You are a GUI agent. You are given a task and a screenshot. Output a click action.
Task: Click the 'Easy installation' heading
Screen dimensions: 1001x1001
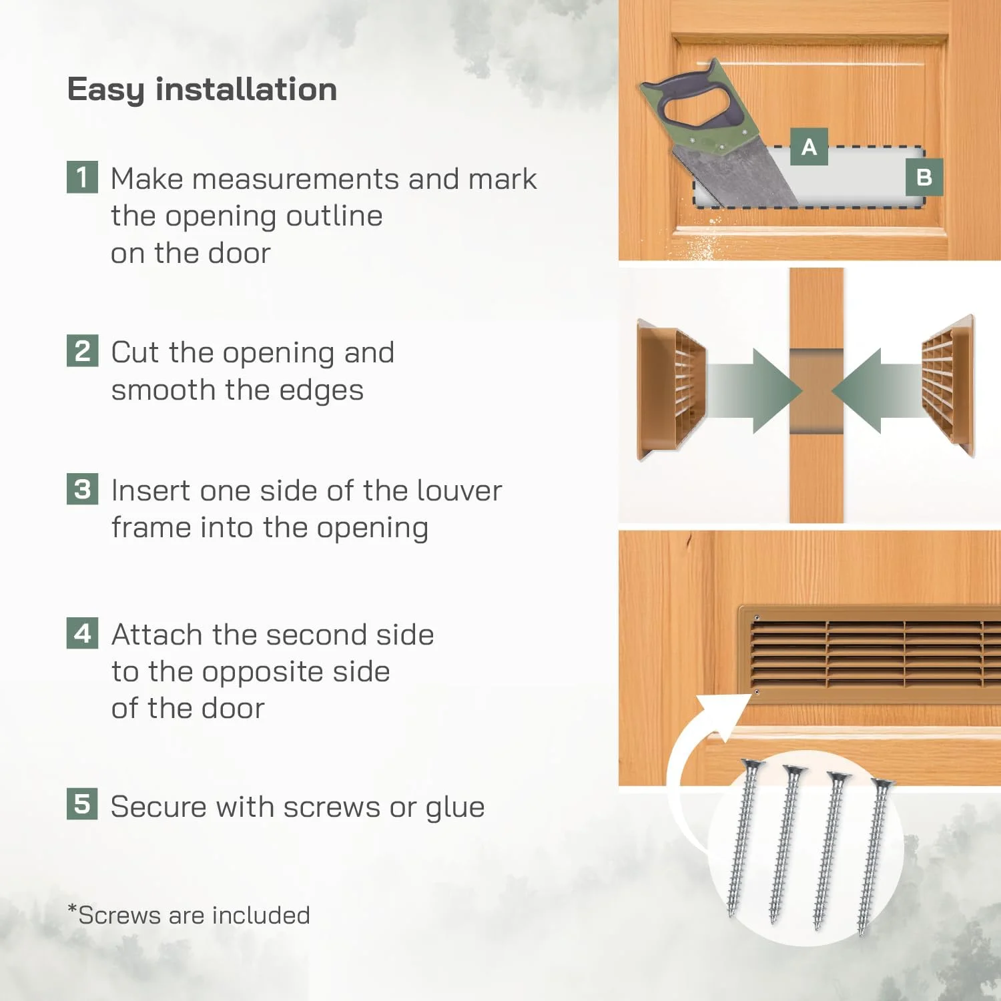[202, 89]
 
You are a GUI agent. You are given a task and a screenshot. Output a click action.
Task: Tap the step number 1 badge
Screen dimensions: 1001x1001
[82, 177]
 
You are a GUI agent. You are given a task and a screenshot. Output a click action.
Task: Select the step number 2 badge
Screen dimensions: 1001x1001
[82, 350]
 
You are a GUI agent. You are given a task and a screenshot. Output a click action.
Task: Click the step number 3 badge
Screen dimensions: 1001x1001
[82, 488]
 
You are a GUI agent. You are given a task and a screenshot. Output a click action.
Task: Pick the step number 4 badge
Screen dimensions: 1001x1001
[82, 633]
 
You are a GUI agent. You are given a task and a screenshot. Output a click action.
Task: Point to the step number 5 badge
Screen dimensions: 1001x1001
[82, 803]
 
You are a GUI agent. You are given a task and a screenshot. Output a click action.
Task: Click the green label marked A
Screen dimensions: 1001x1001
[809, 146]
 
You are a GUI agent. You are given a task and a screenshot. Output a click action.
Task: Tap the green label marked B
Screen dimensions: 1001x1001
[924, 177]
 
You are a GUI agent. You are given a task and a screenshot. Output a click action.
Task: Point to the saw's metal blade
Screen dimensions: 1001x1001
[734, 175]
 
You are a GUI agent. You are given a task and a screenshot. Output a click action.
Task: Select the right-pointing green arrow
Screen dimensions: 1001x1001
[754, 390]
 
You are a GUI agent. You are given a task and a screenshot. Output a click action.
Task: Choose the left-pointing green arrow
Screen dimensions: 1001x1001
[878, 390]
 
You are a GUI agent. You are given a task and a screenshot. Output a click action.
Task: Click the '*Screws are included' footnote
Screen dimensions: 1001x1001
[189, 914]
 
